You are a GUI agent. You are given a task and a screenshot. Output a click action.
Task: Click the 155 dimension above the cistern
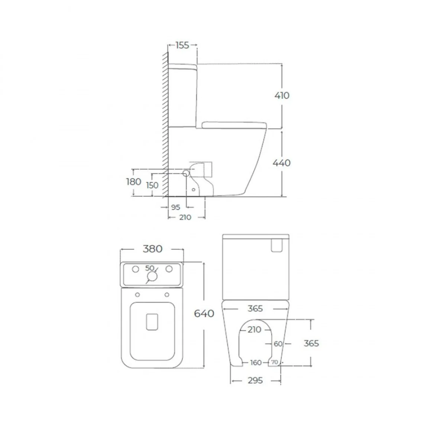pyautogui.click(x=182, y=45)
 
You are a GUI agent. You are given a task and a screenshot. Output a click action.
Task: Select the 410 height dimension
pyautogui.click(x=282, y=96)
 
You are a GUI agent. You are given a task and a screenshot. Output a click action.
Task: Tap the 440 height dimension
pyautogui.click(x=281, y=163)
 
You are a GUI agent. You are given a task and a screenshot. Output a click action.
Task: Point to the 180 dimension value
pyautogui.click(x=133, y=182)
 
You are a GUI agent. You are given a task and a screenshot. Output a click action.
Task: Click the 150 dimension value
pyautogui.click(x=152, y=185)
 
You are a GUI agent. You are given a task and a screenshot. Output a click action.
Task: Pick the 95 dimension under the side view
pyautogui.click(x=175, y=207)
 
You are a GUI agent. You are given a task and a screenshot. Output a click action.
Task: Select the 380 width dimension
pyautogui.click(x=152, y=249)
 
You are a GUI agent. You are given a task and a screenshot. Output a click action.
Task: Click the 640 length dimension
pyautogui.click(x=204, y=314)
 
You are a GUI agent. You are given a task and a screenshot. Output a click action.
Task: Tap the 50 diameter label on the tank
pyautogui.click(x=149, y=268)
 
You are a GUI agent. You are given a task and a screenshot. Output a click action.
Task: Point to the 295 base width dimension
pyautogui.click(x=255, y=381)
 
